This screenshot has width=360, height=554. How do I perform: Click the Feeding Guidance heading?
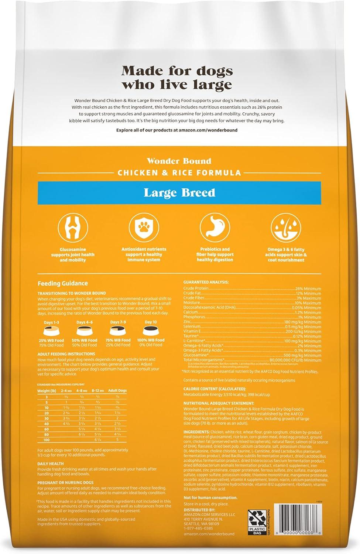(63, 283)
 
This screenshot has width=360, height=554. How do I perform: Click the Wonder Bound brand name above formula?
(179, 161)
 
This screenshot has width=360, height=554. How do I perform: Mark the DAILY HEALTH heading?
(51, 464)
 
